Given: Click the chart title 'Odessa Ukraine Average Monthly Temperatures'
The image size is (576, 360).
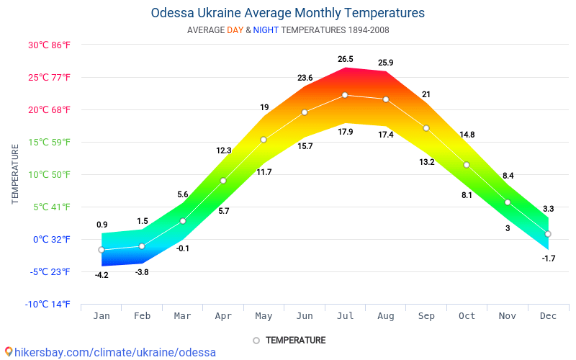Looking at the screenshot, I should click(x=288, y=13).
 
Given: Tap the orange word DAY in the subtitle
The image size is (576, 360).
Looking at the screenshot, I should click(x=235, y=30).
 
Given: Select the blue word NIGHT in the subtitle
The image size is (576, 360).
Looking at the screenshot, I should click(x=266, y=30).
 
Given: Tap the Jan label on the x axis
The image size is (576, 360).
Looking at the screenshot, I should click(x=102, y=315).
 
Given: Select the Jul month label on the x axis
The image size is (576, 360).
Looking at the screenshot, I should click(x=345, y=315).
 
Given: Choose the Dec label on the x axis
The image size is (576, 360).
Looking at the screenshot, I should click(x=548, y=315).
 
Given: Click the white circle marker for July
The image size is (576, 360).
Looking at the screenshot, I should click(x=345, y=95).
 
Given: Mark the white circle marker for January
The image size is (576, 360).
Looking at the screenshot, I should click(x=102, y=250).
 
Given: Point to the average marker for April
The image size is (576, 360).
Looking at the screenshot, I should click(x=223, y=181).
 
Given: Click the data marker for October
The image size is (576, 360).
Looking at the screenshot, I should click(x=467, y=165).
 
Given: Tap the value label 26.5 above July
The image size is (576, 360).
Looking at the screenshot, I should click(x=345, y=59).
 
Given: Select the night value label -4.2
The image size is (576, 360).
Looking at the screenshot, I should click(x=102, y=275).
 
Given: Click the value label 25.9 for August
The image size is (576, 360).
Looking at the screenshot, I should click(x=385, y=63).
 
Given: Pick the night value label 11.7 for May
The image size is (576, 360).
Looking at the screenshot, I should click(x=264, y=172).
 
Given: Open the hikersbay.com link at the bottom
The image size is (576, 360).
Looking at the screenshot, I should click(x=109, y=352).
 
